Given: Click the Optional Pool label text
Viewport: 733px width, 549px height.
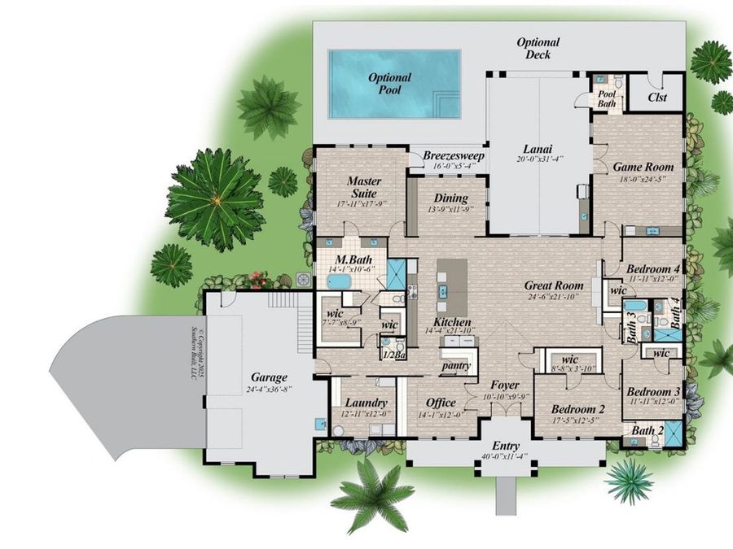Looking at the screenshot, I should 389,84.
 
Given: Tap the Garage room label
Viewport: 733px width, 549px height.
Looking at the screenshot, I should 268,377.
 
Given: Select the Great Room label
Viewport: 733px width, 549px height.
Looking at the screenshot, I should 553,285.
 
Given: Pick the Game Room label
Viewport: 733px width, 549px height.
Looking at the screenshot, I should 638,167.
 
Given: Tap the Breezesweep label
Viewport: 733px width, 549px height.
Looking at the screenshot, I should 454,155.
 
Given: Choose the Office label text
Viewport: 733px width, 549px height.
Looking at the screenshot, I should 441,403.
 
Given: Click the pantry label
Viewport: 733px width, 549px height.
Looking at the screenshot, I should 457,366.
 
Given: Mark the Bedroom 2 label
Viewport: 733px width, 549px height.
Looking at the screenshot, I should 577,408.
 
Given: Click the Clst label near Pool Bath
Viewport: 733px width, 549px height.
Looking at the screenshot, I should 657,98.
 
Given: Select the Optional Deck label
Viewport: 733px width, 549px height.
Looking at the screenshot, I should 538,48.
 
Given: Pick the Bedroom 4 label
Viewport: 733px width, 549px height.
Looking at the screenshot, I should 652,269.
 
